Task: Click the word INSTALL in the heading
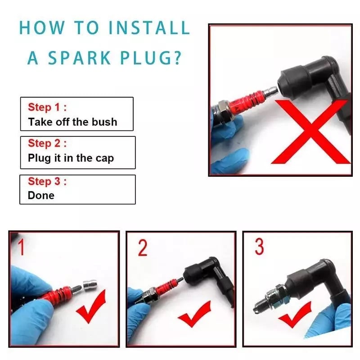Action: tap(149, 28)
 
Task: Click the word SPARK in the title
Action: tap(79, 58)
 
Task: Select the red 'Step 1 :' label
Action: tap(47, 107)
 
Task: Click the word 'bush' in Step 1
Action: tap(104, 122)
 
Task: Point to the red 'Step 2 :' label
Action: tap(47, 143)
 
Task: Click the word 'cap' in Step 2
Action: tap(105, 159)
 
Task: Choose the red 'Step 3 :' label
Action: tap(47, 181)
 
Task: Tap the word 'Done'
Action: tap(41, 196)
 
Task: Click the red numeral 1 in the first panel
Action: tap(21, 247)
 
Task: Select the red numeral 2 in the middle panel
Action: tap(143, 248)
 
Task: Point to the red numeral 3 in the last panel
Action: tap(260, 247)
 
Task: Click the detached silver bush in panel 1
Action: tap(90, 285)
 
